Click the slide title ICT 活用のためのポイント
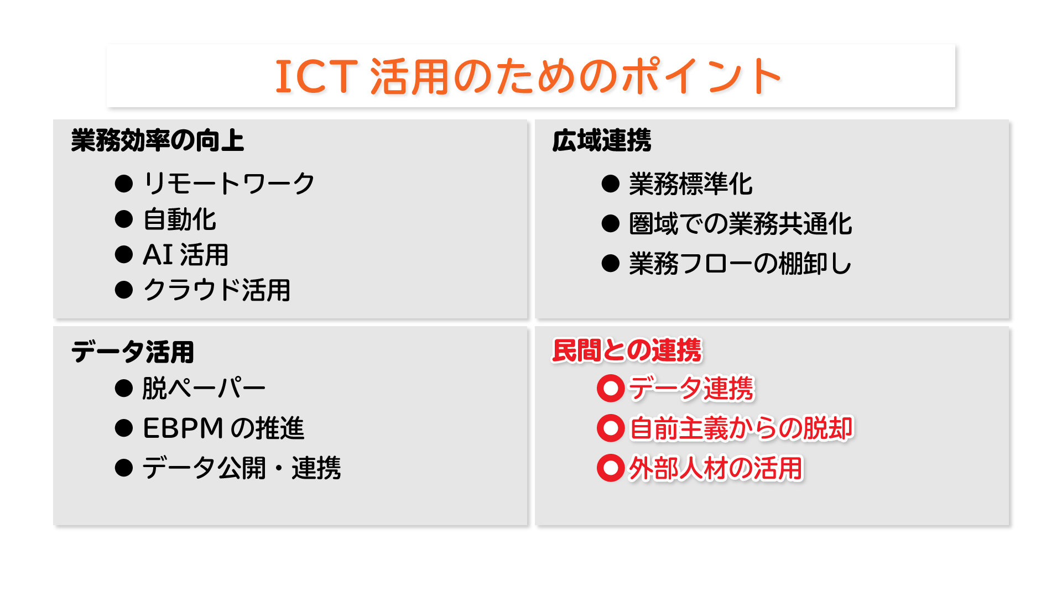pyautogui.click(x=528, y=76)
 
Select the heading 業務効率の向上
pyautogui.click(x=158, y=140)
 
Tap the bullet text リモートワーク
pyautogui.click(x=229, y=184)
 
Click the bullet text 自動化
pyautogui.click(x=179, y=219)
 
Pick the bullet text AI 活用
pyautogui.click(x=186, y=255)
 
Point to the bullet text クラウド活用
pyautogui.click(x=217, y=290)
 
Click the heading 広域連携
pyautogui.click(x=602, y=140)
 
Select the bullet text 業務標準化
pyautogui.click(x=691, y=184)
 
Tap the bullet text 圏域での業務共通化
pyautogui.click(x=741, y=224)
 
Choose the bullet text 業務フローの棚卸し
pyautogui.click(x=741, y=264)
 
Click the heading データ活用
pyautogui.click(x=133, y=352)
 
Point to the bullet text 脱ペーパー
pyautogui.click(x=204, y=388)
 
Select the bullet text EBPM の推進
pyautogui.click(x=223, y=428)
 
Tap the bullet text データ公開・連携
pyautogui.click(x=242, y=468)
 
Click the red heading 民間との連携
pyautogui.click(x=627, y=350)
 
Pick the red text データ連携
pyautogui.click(x=691, y=388)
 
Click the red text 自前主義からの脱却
pyautogui.click(x=742, y=428)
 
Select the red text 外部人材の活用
pyautogui.click(x=716, y=468)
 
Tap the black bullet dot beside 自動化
pyautogui.click(x=124, y=219)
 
